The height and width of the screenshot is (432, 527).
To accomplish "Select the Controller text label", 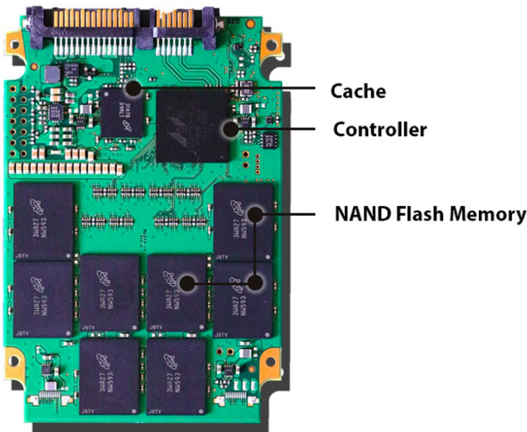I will (x=380, y=129).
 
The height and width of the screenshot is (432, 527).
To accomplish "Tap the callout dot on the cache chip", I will (x=133, y=87).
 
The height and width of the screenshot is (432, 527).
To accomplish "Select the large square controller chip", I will (x=193, y=125).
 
